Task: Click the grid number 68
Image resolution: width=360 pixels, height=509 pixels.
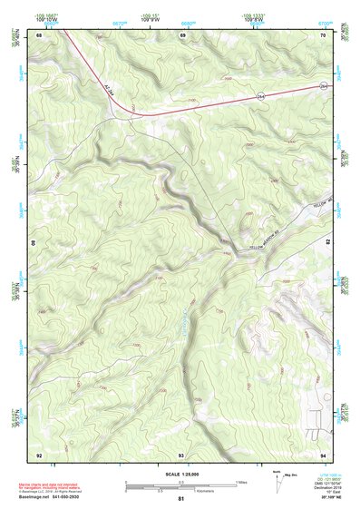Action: pyautogui.click(x=39, y=35)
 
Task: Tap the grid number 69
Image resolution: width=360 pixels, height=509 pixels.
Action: pyautogui.click(x=183, y=35)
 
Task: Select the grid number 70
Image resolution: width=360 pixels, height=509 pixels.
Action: pyautogui.click(x=324, y=35)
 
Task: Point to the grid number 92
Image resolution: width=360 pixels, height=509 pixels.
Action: pyautogui.click(x=39, y=454)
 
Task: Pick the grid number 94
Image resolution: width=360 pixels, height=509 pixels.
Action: pyautogui.click(x=324, y=454)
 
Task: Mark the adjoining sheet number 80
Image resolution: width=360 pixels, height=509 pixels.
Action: pyautogui.click(x=34, y=244)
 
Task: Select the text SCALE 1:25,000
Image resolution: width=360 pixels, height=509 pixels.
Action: pyautogui.click(x=181, y=474)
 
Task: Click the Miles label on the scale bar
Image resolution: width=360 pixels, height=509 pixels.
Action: pyautogui.click(x=241, y=482)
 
